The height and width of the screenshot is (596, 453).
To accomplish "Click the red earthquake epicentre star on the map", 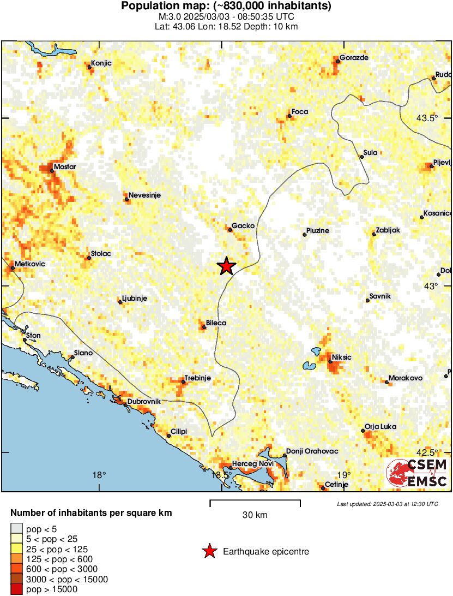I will pos(226,266).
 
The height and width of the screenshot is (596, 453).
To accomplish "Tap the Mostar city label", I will pos(65,166).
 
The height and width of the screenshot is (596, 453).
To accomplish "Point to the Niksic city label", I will pos(341,357).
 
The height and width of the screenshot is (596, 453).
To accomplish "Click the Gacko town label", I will pos(243,225).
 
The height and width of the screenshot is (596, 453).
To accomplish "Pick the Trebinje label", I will pos(197,378).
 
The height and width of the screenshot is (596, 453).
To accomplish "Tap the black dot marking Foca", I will pos(290,116).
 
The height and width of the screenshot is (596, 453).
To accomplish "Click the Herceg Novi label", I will pos(252,464).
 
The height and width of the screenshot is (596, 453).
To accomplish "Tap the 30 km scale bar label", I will pos(255,515).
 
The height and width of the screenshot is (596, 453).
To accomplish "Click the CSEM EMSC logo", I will pos(418,473).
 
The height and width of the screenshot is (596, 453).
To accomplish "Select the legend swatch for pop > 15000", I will pos(17,589).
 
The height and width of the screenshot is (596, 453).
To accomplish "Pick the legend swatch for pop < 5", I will pos(17,528).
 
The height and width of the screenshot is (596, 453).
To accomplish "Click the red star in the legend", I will pos(209,552).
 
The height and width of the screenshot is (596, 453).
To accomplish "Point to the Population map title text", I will pos(226,7).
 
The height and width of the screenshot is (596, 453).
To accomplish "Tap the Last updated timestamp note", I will pos(387,504).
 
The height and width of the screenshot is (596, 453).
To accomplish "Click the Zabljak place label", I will pos(388,230).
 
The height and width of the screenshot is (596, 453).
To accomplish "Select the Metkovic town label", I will pos(30,264).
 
